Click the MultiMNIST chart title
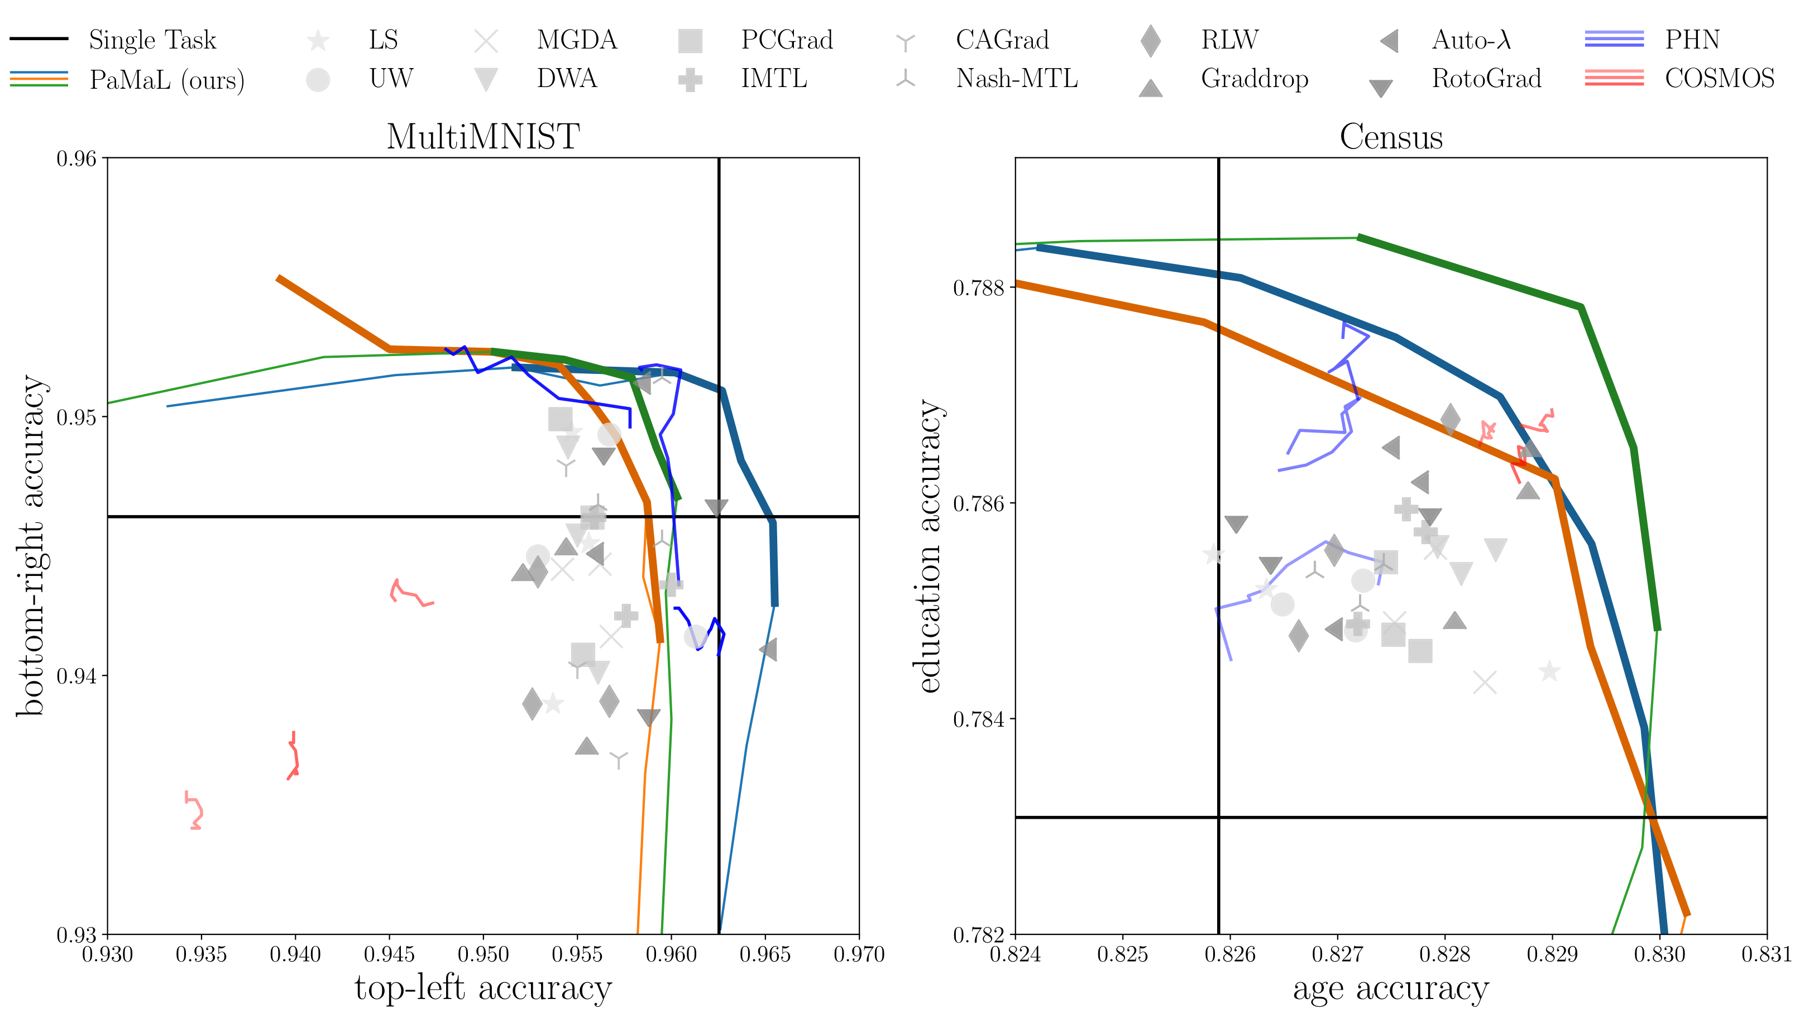[483, 136]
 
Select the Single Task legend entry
[152, 40]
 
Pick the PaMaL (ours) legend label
[167, 79]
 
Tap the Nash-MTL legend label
[1016, 78]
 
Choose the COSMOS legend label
[1719, 78]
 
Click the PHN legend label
[1692, 40]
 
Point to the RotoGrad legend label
[1486, 78]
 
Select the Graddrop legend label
[1254, 78]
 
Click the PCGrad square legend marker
[690, 41]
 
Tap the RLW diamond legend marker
[1150, 41]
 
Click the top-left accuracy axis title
[483, 988]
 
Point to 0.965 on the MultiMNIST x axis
[765, 955]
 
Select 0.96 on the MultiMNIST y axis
[76, 159]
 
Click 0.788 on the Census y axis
[978, 288]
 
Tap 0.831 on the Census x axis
[1766, 955]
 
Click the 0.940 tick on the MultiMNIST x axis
[295, 955]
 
